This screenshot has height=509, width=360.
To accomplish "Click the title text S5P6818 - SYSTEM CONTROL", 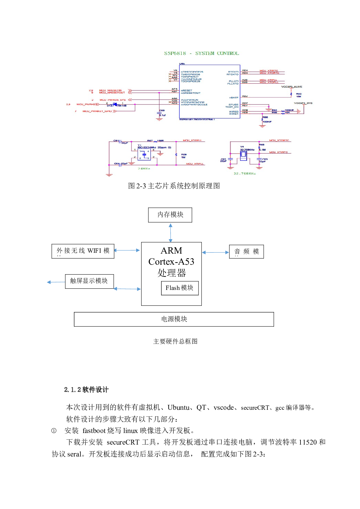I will tap(201, 53).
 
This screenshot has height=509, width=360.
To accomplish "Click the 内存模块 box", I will tap(170, 215).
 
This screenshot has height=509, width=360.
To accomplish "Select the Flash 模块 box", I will tap(180, 288).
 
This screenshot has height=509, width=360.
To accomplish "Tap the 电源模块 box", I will tap(174, 319).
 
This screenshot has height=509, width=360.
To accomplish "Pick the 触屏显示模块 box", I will tap(89, 281).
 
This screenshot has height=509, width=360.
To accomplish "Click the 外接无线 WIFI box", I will tap(83, 251).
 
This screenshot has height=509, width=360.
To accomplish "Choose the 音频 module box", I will tap(246, 252).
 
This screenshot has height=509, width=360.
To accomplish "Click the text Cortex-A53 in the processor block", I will tap(171, 262).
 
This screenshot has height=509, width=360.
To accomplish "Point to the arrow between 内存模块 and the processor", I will tap(170, 232).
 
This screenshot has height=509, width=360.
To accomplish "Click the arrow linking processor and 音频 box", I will tap(215, 252).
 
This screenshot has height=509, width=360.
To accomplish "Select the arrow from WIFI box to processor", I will tap(127, 250).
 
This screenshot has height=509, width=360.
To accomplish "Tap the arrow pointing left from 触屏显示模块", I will tap(56, 282).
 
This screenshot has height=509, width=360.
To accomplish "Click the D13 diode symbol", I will tap(115, 104).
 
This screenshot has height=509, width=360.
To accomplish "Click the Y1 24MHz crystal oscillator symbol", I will tap(144, 155).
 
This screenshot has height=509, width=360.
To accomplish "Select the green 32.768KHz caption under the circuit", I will tap(244, 174).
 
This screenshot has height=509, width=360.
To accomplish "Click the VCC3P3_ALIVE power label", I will tap(291, 87).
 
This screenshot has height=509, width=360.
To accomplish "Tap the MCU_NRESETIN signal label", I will tap(110, 91).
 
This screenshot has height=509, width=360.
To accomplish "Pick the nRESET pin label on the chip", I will tap(186, 91).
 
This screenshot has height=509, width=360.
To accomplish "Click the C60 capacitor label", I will tap(162, 111).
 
